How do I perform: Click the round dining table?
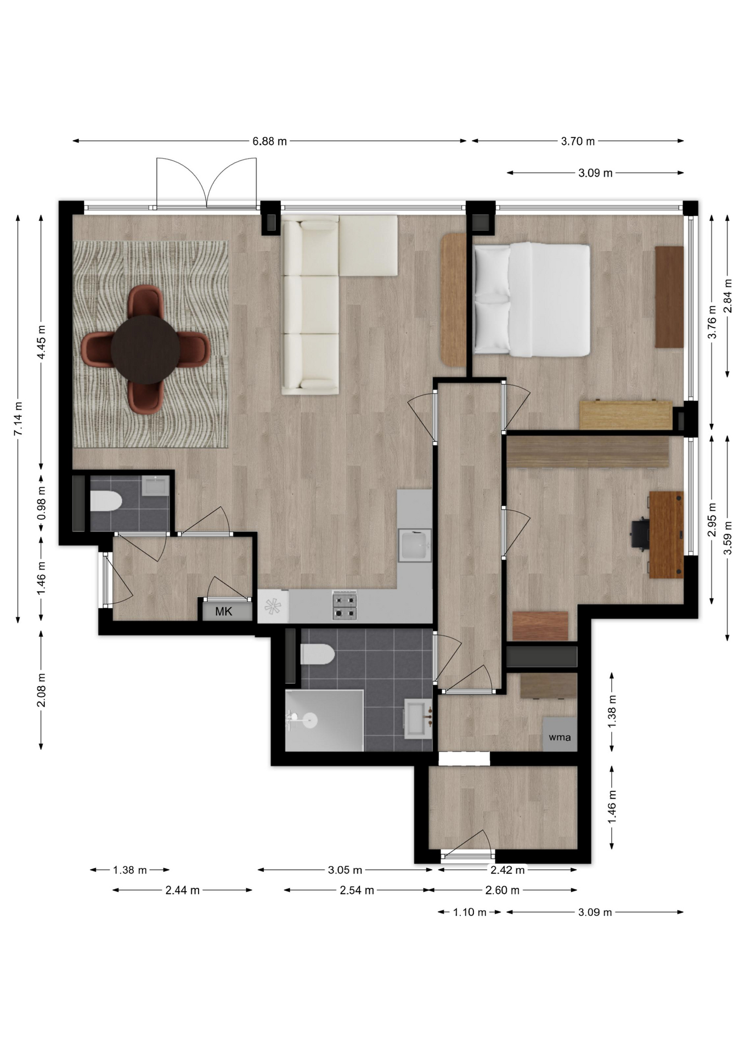pyautogui.click(x=145, y=349)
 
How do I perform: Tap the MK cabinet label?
pyautogui.click(x=223, y=612)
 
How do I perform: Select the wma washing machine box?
pyautogui.click(x=560, y=734)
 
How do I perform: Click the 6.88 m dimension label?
pyautogui.click(x=269, y=141)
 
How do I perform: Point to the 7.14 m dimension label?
pyautogui.click(x=18, y=419)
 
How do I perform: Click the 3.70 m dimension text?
pyautogui.click(x=578, y=141)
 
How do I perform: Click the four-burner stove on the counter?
pyautogui.click(x=345, y=605)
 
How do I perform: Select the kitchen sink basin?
pyautogui.click(x=415, y=545)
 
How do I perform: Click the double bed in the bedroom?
pyautogui.click(x=532, y=299)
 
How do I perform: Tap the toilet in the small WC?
pyautogui.click(x=105, y=501)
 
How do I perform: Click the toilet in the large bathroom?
pyautogui.click(x=317, y=654)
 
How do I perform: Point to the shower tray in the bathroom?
pyautogui.click(x=324, y=721)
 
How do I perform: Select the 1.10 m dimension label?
pyautogui.click(x=470, y=912)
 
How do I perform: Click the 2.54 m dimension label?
pyautogui.click(x=357, y=890)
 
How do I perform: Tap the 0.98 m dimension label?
pyautogui.click(x=41, y=503)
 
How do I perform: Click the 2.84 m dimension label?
pyautogui.click(x=727, y=296)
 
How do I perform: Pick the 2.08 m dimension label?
pyautogui.click(x=41, y=689)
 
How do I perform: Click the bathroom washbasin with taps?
pyautogui.click(x=418, y=718)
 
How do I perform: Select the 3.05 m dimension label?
pyautogui.click(x=345, y=870)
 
